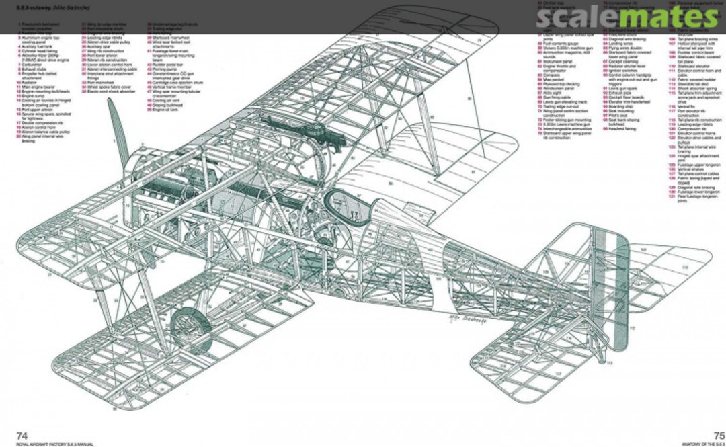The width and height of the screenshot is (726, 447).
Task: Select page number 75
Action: tap(719, 435)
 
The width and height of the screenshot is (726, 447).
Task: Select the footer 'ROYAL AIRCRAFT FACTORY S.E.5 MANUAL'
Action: tap(47, 444)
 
